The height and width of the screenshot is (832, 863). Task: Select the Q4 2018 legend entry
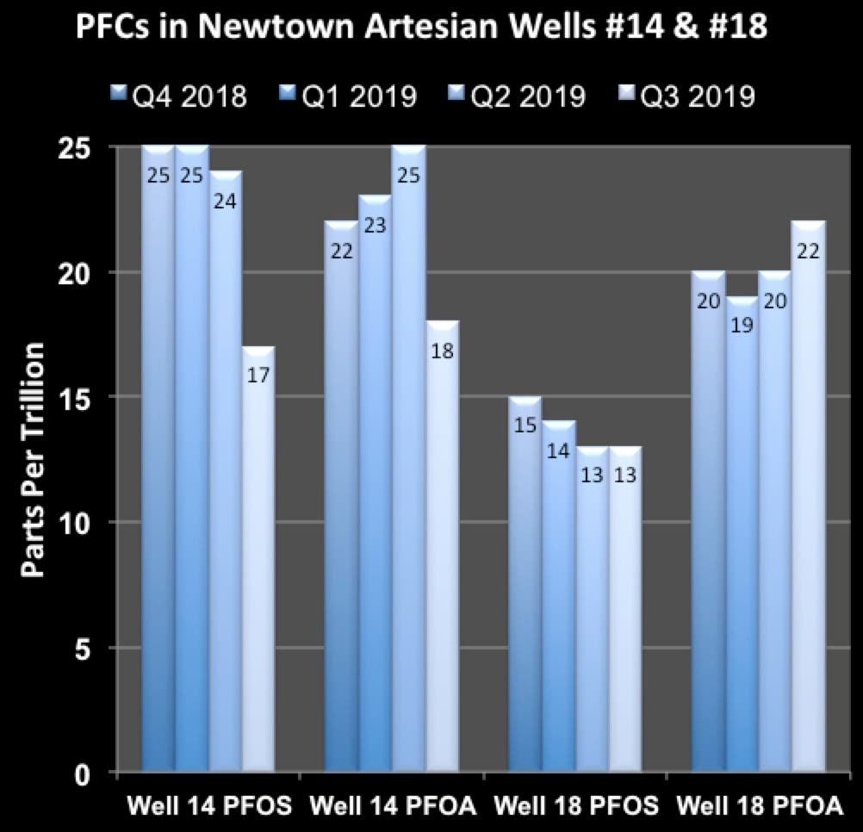[179, 95]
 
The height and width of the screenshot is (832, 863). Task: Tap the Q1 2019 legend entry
[349, 95]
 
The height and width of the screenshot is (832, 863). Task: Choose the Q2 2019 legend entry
[518, 95]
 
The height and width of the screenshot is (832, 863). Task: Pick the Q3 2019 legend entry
[687, 95]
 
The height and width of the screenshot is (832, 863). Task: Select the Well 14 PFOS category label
[209, 807]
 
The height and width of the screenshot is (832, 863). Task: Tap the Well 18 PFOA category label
[759, 807]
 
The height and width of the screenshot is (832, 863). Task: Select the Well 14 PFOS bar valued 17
[258, 560]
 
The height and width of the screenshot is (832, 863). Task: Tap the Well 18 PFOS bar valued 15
[525, 586]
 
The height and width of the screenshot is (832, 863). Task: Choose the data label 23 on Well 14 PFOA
[376, 227]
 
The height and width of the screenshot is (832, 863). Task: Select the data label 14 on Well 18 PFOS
[558, 451]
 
